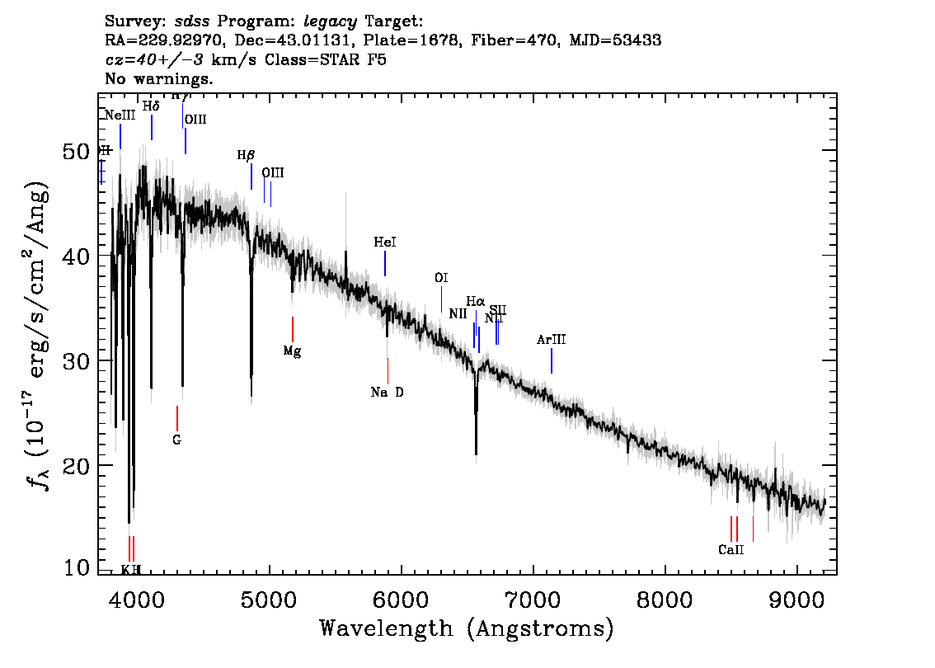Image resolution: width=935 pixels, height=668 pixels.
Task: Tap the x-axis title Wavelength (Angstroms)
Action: coord(467,628)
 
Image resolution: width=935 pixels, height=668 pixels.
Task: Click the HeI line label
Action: coord(385,242)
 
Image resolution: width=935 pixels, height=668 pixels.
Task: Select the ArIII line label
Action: coord(552,340)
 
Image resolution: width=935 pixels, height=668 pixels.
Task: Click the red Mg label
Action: coord(292,350)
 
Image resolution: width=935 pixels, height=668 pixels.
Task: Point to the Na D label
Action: coord(388,392)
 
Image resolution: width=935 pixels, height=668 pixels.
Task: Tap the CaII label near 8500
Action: coord(731,549)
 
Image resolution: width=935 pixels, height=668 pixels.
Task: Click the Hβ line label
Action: coord(246,155)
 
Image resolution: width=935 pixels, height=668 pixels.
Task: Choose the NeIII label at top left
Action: coord(120,115)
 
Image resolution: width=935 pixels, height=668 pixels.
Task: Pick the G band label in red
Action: coord(176,440)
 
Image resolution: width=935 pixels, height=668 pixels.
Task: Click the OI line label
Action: coord(441,278)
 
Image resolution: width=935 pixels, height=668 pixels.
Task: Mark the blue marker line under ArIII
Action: coord(552,360)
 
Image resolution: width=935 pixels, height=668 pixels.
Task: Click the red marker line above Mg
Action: coord(292,329)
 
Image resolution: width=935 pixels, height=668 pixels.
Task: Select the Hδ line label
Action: coord(151,106)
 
